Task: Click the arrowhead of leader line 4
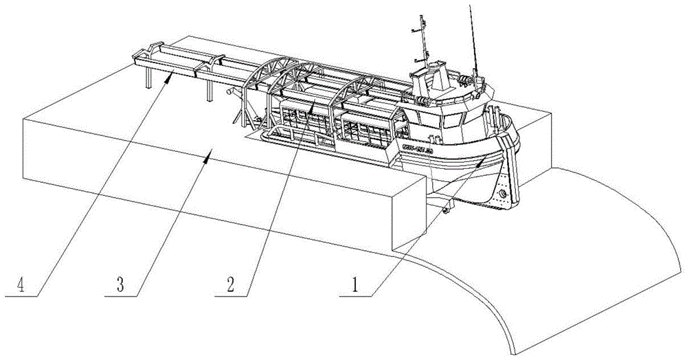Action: (x=170, y=78)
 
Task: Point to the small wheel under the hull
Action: (x=447, y=210)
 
